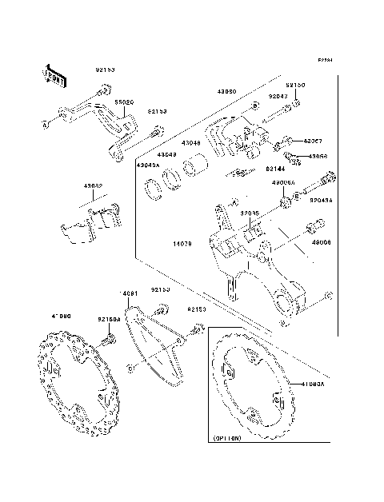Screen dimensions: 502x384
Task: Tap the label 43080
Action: point(226,92)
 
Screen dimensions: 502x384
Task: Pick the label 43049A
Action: point(148,165)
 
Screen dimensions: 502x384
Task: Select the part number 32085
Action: point(250,213)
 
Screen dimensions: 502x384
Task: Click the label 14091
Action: point(130,293)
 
